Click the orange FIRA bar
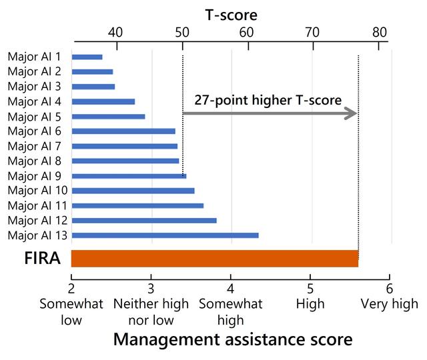tap(214, 258)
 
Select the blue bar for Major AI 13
tap(164, 235)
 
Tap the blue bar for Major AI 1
tap(87, 57)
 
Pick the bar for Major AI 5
tap(108, 116)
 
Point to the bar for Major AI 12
tap(143, 220)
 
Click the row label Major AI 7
tap(34, 146)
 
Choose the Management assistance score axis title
tap(233, 339)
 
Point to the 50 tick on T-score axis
tap(181, 32)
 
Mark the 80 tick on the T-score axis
tap(379, 32)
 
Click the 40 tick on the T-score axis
tap(115, 32)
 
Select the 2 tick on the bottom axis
tap(71, 288)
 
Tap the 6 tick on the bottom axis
tap(389, 288)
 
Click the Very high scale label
tap(389, 304)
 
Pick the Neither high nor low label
tap(151, 312)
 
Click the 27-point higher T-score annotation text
tap(268, 100)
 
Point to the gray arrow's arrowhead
tap(351, 114)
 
